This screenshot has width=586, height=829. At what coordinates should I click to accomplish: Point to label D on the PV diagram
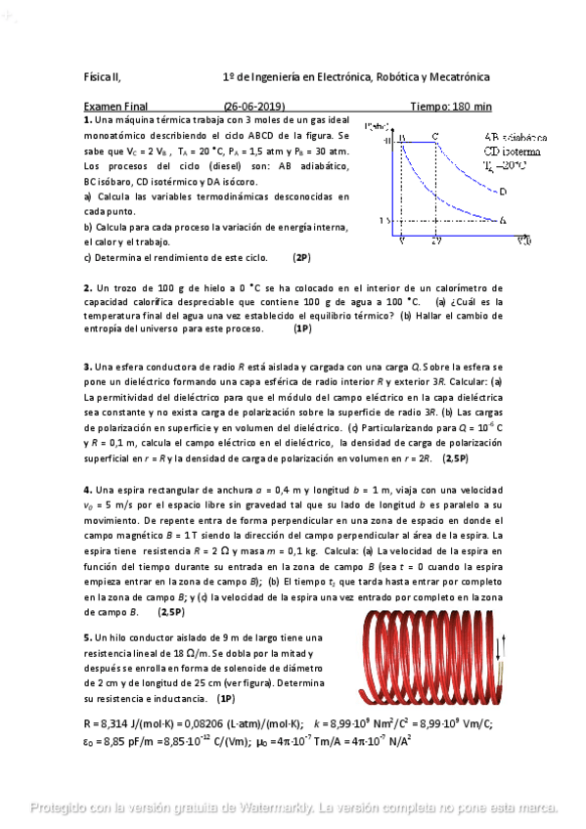tap(502, 193)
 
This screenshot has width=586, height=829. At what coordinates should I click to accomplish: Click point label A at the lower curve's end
tap(502, 220)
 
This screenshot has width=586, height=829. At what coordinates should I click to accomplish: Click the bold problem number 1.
tap(87, 118)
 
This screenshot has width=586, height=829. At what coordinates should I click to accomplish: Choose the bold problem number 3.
tap(87, 367)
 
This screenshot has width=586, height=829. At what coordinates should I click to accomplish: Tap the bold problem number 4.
tap(87, 489)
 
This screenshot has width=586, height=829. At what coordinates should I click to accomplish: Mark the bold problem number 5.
tap(87, 636)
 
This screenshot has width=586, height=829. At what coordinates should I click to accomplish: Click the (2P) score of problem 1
tap(301, 258)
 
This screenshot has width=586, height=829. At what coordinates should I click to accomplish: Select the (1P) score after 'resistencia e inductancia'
tap(226, 699)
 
